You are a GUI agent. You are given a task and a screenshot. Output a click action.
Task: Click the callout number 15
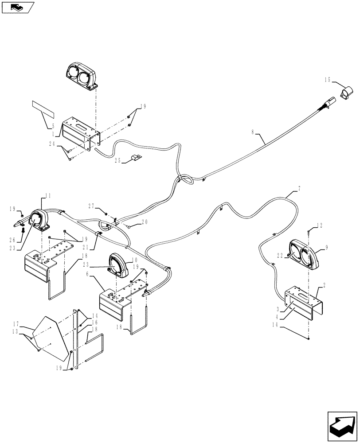[x=327, y=80]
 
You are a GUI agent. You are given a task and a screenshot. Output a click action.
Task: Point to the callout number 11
[x=48, y=195]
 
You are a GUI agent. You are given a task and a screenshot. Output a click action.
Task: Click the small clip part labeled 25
[x=136, y=157]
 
